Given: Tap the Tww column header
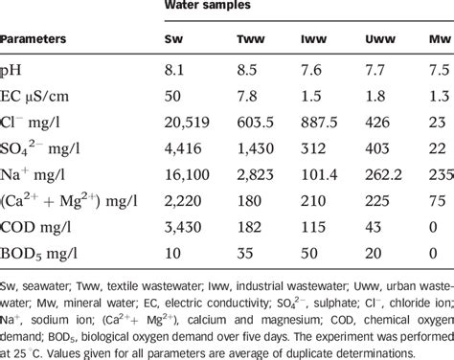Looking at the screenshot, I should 251,42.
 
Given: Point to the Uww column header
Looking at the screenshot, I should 378,42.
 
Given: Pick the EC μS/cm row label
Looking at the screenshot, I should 42,97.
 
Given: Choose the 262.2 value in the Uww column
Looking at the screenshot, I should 381,178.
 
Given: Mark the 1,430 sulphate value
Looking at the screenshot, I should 252,151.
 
